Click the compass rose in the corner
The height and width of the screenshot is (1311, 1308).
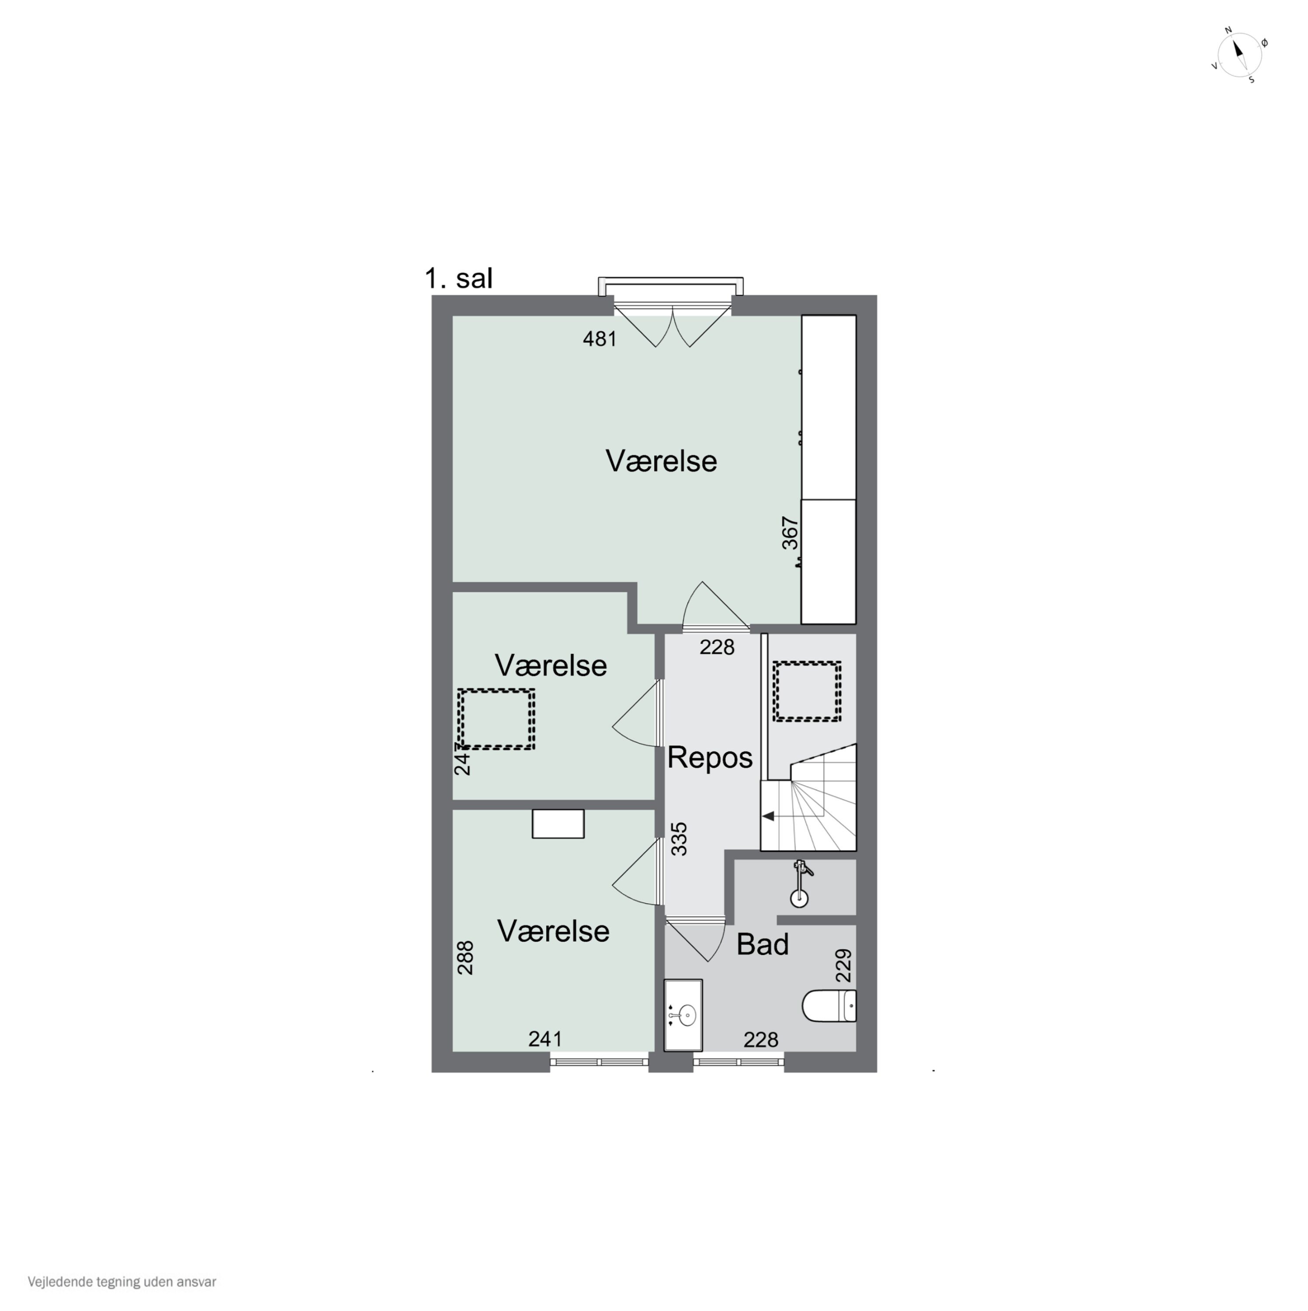tap(1239, 54)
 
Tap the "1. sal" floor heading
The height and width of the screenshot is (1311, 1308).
tap(458, 278)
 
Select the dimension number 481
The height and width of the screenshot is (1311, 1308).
tap(600, 339)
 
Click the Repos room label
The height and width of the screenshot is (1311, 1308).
tap(710, 757)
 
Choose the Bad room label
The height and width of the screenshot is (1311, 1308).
tap(763, 944)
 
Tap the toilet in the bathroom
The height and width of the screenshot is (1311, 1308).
tap(829, 1006)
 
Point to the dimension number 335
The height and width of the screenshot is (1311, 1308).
tap(679, 839)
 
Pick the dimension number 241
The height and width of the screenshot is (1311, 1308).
tap(546, 1038)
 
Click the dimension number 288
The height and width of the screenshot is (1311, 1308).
tap(465, 957)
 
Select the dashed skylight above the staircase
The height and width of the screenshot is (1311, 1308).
tap(808, 691)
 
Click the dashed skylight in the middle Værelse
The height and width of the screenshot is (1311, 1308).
tap(496, 719)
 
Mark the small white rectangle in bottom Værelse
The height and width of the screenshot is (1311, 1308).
tap(558, 824)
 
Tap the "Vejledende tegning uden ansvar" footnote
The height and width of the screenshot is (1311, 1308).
tap(122, 1282)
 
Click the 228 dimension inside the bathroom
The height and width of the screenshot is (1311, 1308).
tap(761, 1040)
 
